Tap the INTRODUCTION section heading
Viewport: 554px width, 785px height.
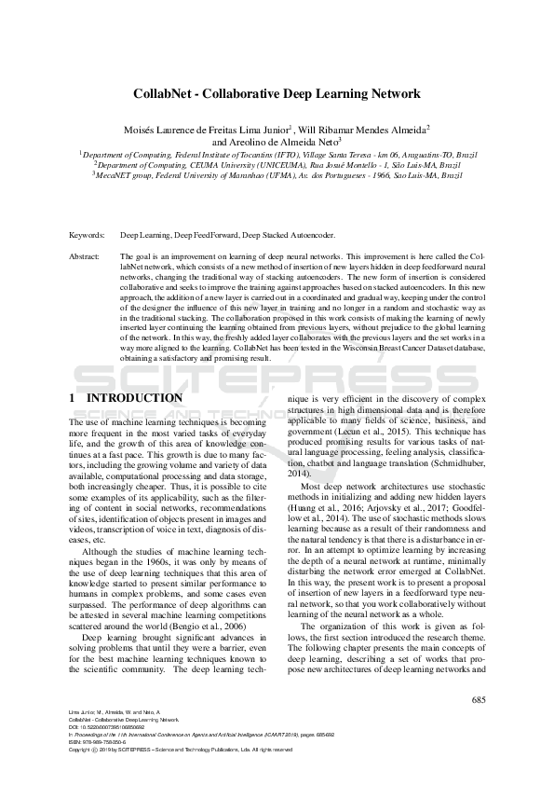pyautogui.click(x=135, y=398)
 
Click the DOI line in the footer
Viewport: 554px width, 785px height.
pyautogui.click(x=110, y=727)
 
